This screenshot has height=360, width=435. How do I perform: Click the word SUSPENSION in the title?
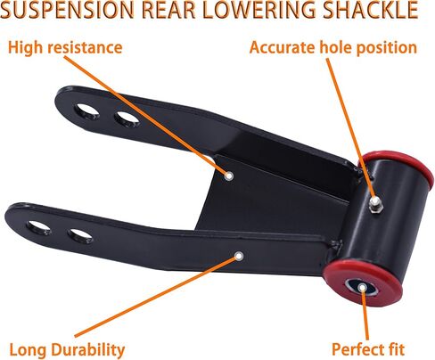click(67, 10)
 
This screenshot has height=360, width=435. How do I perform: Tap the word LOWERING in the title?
click(259, 10)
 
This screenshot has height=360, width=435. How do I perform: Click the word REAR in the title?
click(168, 10)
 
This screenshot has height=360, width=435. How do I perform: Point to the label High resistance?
click(65, 47)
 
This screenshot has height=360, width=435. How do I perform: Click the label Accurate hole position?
click(333, 47)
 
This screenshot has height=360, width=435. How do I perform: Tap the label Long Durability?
click(67, 349)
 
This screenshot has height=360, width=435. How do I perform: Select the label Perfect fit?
click(368, 349)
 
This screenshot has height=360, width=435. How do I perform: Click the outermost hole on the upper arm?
click(86, 111)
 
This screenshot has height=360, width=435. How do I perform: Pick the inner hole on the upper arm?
click(127, 119)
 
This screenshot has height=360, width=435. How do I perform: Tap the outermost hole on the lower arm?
click(38, 227)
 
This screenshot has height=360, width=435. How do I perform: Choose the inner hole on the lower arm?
click(80, 235)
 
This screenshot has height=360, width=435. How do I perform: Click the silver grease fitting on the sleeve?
click(375, 204)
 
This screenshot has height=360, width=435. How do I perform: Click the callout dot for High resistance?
click(228, 176)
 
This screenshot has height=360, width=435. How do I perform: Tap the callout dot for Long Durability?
click(239, 256)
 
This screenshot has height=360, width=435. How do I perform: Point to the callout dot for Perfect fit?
click(362, 287)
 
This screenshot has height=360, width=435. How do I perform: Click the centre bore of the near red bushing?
click(362, 288)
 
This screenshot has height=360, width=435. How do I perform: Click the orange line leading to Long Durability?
click(156, 297)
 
